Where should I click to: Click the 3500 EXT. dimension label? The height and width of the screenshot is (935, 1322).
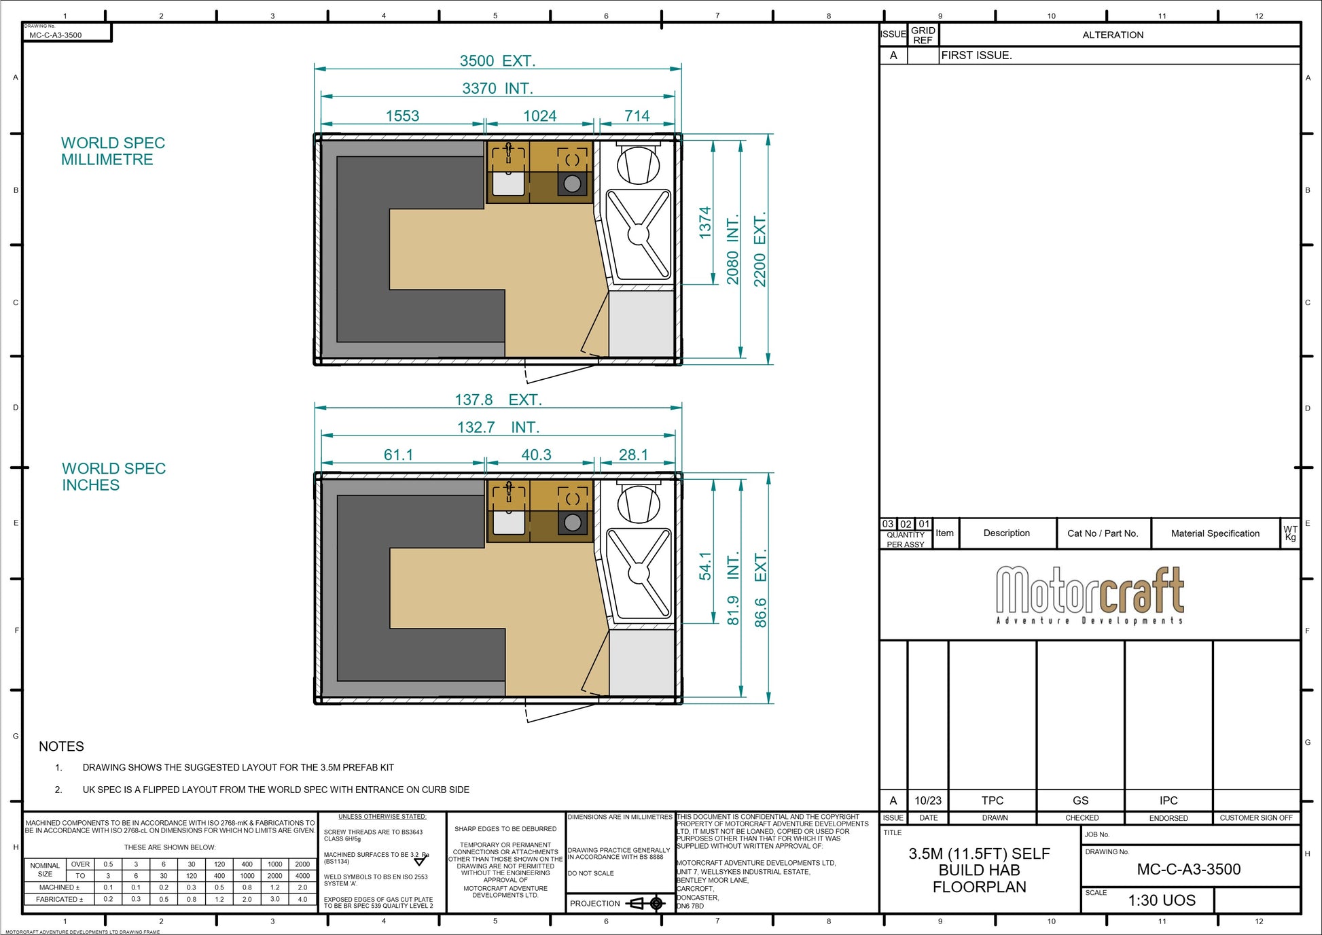tap(497, 61)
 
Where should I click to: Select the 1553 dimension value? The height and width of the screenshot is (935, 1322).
tap(402, 116)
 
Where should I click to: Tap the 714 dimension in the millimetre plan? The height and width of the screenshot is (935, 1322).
tap(637, 116)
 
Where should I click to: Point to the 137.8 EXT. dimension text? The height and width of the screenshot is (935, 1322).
tap(498, 400)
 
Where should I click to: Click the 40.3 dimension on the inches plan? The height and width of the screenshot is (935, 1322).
tap(536, 455)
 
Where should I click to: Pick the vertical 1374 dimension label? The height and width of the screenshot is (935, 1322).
tap(705, 222)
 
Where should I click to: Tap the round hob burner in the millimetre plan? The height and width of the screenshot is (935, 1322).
tap(573, 183)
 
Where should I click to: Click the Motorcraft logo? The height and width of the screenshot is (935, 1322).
tap(1090, 594)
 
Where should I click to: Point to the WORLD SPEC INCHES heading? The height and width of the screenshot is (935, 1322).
tap(113, 477)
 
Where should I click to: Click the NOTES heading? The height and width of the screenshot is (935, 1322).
tap(61, 747)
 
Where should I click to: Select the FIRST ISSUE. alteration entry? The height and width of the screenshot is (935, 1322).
tap(976, 56)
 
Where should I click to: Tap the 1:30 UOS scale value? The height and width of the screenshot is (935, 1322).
tap(1162, 900)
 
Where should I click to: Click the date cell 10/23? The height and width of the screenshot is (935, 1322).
tap(927, 800)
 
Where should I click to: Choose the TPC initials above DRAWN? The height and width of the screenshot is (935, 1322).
tap(992, 800)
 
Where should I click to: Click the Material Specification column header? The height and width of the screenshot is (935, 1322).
tap(1215, 533)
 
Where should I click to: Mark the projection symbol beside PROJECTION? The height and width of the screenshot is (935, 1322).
tap(647, 903)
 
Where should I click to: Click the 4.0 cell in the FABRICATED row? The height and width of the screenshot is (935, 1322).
tap(302, 899)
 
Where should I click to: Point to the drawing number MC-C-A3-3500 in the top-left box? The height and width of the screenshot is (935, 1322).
tap(56, 35)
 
